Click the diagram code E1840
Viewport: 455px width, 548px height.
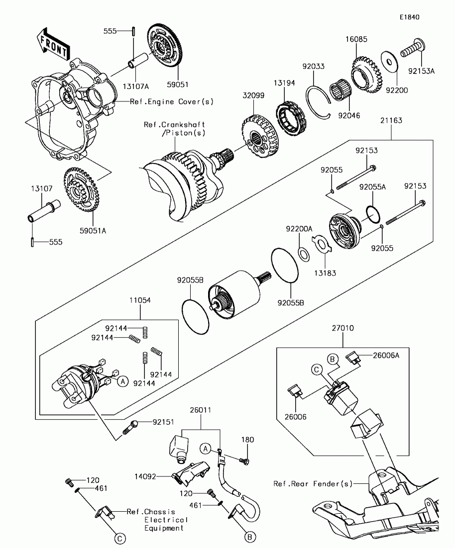(409, 17)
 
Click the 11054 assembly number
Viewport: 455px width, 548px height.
(140, 301)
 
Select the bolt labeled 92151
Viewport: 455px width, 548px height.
(134, 426)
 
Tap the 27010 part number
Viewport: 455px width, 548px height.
(342, 328)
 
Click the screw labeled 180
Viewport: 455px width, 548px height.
(247, 440)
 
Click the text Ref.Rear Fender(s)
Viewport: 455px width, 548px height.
(313, 483)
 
